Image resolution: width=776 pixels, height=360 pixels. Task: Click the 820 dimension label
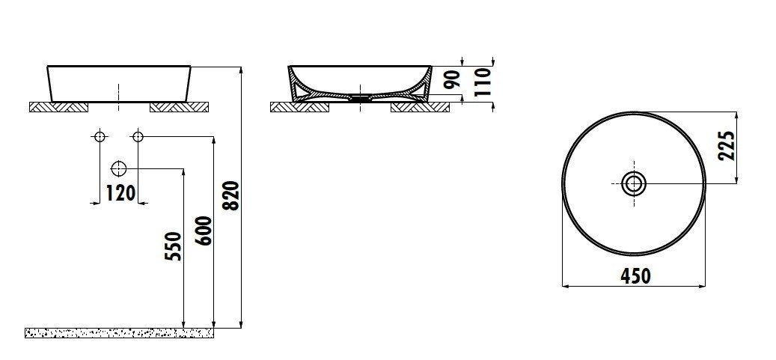pyautogui.click(x=232, y=195)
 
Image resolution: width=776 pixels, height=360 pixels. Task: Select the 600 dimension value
pyautogui.click(x=204, y=231)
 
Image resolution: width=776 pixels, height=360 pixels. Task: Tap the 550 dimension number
pyautogui.click(x=174, y=246)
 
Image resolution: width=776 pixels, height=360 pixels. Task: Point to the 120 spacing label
pyautogui.click(x=120, y=193)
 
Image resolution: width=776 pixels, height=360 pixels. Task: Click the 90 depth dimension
pyautogui.click(x=451, y=80)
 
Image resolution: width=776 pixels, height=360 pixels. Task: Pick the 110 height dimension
pyautogui.click(x=483, y=82)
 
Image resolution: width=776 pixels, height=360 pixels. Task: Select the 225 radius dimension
pyautogui.click(x=726, y=146)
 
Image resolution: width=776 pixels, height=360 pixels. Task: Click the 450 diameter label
pyautogui.click(x=635, y=276)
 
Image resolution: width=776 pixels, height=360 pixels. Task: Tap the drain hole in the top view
pyautogui.click(x=634, y=183)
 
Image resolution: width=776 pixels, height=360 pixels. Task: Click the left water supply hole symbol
pyautogui.click(x=100, y=136)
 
